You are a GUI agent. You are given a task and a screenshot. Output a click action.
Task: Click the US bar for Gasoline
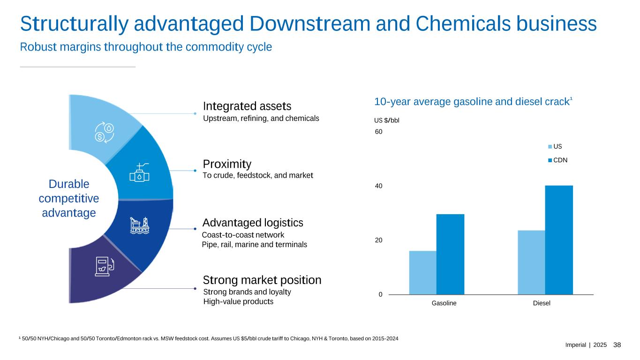[422, 273]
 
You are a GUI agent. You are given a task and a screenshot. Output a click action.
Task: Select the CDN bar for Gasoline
[450, 255]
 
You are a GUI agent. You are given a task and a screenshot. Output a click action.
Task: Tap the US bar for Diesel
[531, 262]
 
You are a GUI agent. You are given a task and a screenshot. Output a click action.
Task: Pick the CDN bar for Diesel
[559, 240]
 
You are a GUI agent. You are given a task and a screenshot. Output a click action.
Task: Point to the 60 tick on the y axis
[379, 132]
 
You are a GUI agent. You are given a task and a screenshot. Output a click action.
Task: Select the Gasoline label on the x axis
[444, 303]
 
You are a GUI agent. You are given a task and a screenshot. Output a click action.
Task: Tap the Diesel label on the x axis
[542, 303]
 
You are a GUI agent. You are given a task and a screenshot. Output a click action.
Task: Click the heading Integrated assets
[247, 106]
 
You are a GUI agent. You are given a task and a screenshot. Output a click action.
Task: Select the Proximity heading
[227, 164]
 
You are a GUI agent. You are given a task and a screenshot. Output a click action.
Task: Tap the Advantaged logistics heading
[253, 222]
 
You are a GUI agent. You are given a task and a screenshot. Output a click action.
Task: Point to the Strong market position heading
[262, 280]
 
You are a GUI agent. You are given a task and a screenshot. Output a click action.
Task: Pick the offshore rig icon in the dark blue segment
[139, 225]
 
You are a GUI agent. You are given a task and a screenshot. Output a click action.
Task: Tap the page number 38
[617, 345]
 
